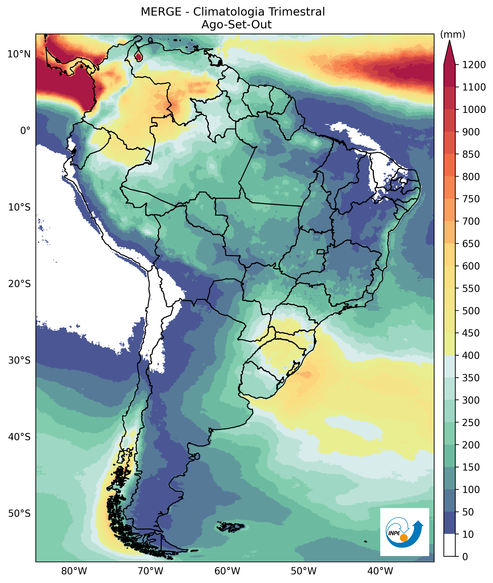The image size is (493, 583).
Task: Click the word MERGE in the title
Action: [161, 12]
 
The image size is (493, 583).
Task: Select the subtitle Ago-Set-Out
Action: [236, 25]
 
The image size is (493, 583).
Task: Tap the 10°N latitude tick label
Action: [19, 54]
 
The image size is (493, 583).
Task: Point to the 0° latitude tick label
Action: [25, 130]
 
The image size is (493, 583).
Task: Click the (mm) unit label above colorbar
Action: [453, 35]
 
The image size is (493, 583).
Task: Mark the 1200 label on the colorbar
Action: [474, 65]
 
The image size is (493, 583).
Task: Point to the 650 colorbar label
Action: [471, 244]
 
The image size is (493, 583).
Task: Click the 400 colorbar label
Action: [471, 355]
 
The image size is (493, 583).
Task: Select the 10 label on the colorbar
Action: [468, 534]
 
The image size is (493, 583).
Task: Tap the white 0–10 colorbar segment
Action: [449, 545]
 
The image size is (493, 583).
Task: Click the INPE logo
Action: [405, 532]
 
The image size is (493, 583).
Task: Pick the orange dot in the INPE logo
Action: [404, 538]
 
